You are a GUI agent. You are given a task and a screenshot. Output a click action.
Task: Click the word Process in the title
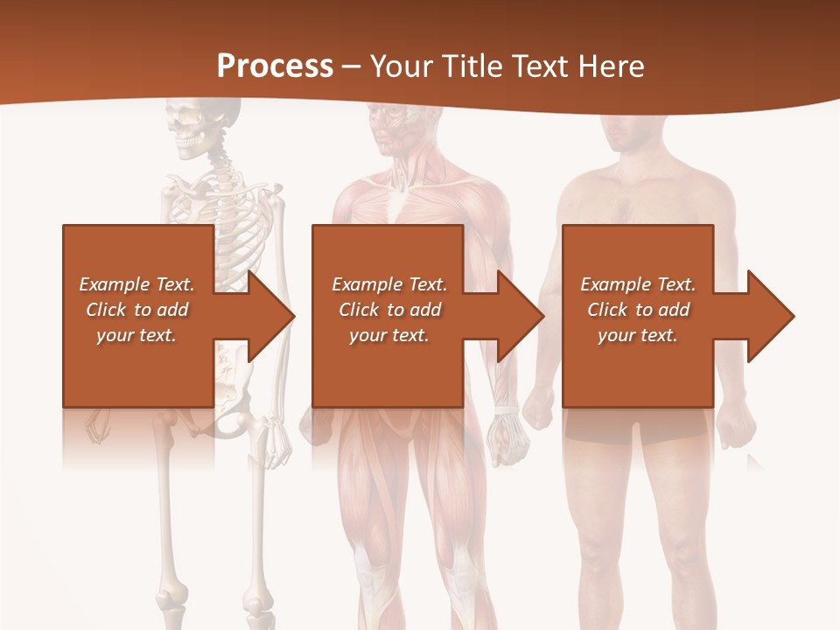[275, 66]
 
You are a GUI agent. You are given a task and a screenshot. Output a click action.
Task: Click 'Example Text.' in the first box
[136, 284]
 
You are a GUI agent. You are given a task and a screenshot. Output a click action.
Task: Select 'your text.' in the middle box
[388, 335]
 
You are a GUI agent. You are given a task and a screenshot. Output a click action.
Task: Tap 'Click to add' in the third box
[638, 310]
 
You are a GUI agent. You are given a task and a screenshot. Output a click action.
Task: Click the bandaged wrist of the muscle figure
[505, 410]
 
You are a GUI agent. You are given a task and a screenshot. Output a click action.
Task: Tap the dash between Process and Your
[352, 66]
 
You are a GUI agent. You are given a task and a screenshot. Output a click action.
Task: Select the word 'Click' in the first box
[106, 310]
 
